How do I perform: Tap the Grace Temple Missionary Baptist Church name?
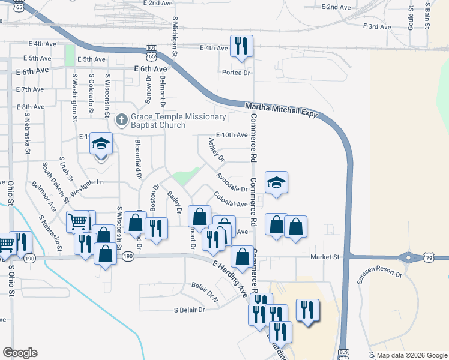[172, 121]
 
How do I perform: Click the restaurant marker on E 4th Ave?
[241, 47]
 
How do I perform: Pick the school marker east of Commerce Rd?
[276, 183]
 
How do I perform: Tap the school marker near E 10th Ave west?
[100, 145]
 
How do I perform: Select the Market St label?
[325, 257]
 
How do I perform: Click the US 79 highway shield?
[429, 258]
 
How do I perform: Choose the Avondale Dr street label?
[232, 183]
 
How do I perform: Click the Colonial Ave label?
[231, 200]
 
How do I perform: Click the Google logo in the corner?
[20, 353]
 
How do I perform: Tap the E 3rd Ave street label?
[379, 27]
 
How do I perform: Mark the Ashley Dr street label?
[215, 150]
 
